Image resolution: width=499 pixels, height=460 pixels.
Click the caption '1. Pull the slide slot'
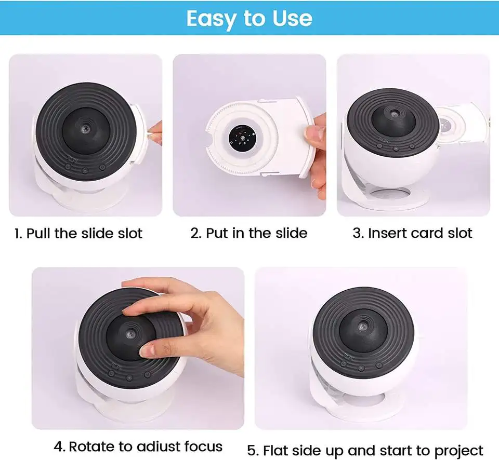pos(78,233)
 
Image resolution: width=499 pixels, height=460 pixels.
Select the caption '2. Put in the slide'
pos(249,233)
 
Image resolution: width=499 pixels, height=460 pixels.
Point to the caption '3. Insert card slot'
pos(412,233)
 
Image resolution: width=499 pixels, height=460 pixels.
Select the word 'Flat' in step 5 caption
pos(282,450)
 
